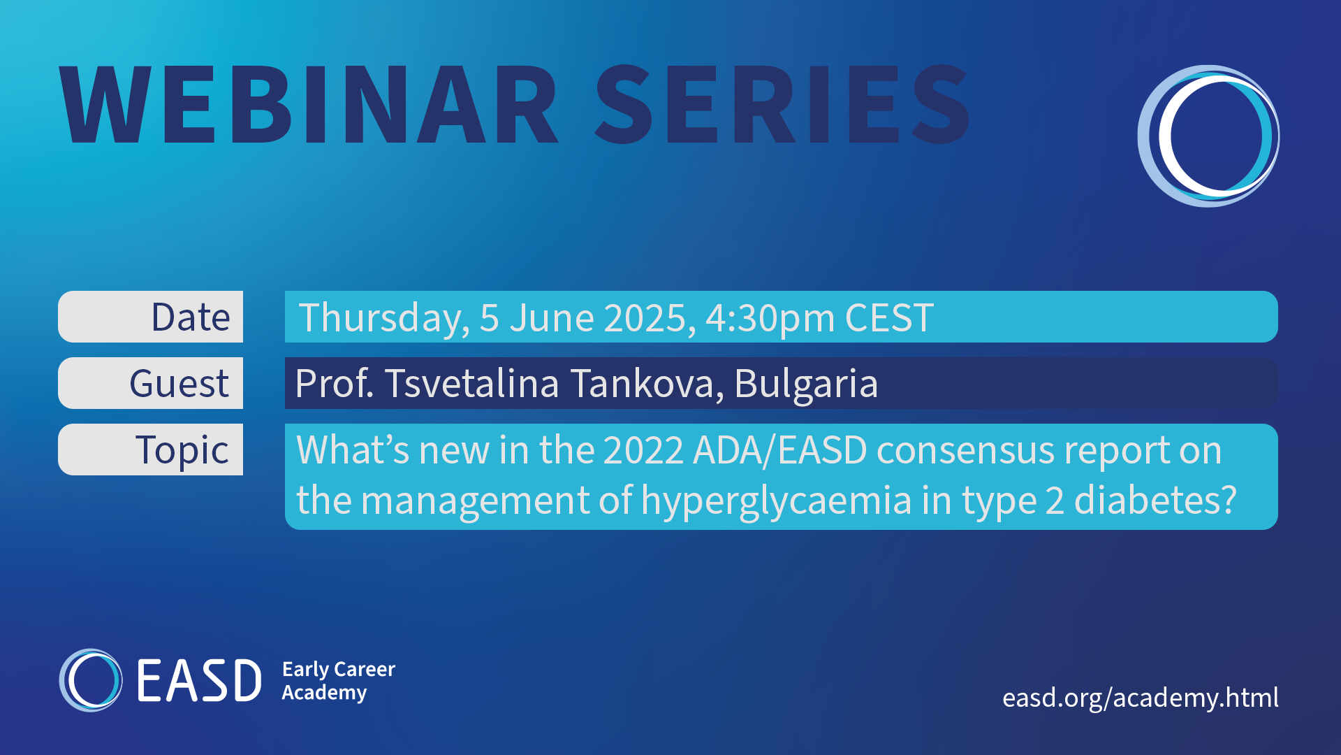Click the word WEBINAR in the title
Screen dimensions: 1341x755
(309, 105)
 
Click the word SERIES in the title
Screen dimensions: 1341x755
(782, 105)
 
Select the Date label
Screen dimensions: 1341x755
(191, 317)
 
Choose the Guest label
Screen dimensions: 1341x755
(179, 384)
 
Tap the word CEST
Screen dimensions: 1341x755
(889, 318)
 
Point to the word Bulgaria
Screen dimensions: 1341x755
(806, 384)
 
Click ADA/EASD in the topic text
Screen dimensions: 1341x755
(780, 450)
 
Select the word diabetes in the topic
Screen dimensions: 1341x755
(1155, 501)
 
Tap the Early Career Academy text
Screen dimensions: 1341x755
(339, 681)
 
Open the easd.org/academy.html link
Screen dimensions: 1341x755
(1141, 698)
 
